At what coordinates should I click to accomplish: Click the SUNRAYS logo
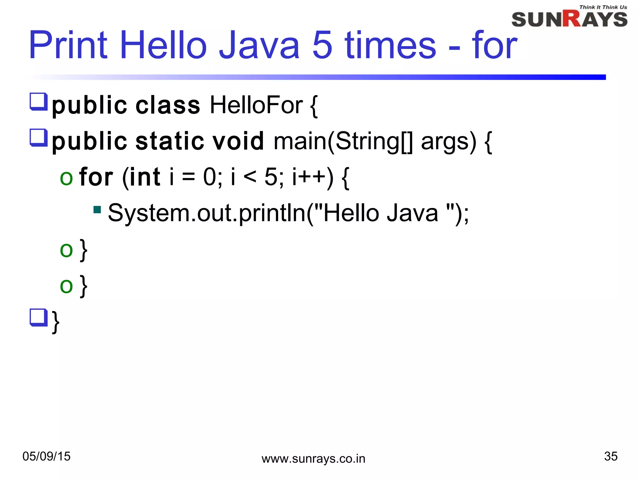pos(569,19)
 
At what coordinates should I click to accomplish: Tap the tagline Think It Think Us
pos(603,7)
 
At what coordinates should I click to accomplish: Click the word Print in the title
pos(68,45)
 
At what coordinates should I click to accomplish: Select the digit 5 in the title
pos(322,45)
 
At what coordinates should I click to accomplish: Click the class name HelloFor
pos(256,105)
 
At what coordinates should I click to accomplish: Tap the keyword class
pos(168,105)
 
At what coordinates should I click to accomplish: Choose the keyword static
pos(170,141)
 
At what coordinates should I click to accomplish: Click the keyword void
pos(238,141)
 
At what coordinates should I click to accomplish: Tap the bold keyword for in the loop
pos(96,177)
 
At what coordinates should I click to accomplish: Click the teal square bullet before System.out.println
pos(97,210)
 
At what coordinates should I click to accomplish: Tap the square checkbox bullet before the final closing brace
pos(38,317)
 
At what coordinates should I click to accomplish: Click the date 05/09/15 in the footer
pos(46,456)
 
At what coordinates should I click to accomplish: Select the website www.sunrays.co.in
pos(313,459)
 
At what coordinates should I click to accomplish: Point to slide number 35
pos(611,456)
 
